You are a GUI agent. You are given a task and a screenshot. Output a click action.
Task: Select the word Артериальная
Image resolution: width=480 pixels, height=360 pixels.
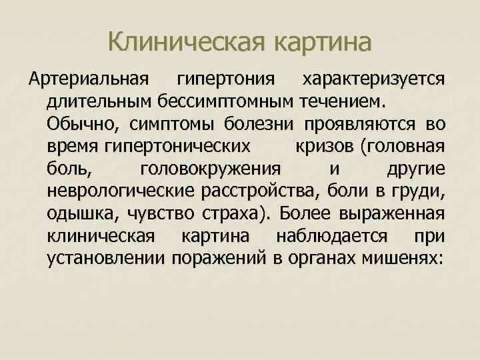(87, 81)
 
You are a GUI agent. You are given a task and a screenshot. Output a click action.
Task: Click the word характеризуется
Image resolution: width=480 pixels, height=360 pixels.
(374, 81)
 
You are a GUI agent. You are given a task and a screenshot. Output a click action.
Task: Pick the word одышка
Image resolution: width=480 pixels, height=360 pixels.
(75, 213)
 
